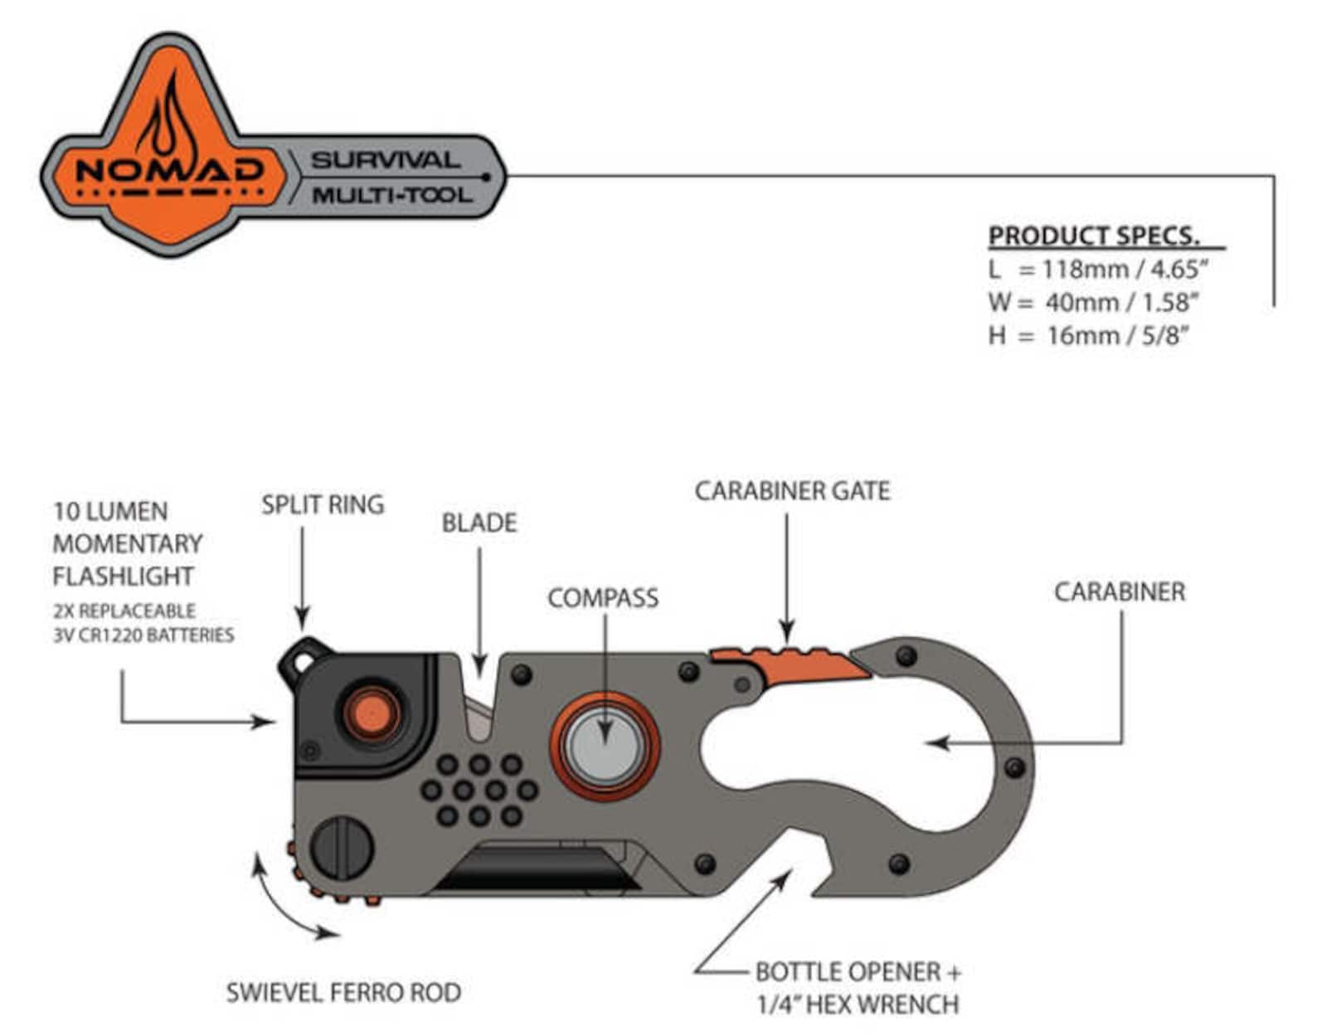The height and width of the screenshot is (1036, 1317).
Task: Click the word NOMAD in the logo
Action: pyautogui.click(x=169, y=170)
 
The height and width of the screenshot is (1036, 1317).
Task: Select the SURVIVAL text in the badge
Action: pyautogui.click(x=386, y=160)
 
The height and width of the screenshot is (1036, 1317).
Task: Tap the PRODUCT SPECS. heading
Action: pyautogui.click(x=1094, y=236)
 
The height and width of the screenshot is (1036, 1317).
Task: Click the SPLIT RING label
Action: pyautogui.click(x=323, y=504)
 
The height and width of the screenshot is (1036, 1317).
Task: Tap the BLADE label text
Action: pyautogui.click(x=479, y=523)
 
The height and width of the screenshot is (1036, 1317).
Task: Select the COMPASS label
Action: pyautogui.click(x=603, y=598)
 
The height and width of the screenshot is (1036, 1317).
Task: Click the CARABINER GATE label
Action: pyautogui.click(x=792, y=491)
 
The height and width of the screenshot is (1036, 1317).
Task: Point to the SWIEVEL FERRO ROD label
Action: pyautogui.click(x=343, y=992)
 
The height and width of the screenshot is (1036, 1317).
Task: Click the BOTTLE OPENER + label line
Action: pyautogui.click(x=858, y=971)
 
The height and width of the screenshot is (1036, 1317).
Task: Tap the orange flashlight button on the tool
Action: pyautogui.click(x=371, y=712)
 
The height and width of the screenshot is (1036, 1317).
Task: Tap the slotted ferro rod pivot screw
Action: pyautogui.click(x=342, y=848)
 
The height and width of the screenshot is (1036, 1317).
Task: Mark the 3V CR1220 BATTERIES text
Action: pyautogui.click(x=143, y=635)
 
